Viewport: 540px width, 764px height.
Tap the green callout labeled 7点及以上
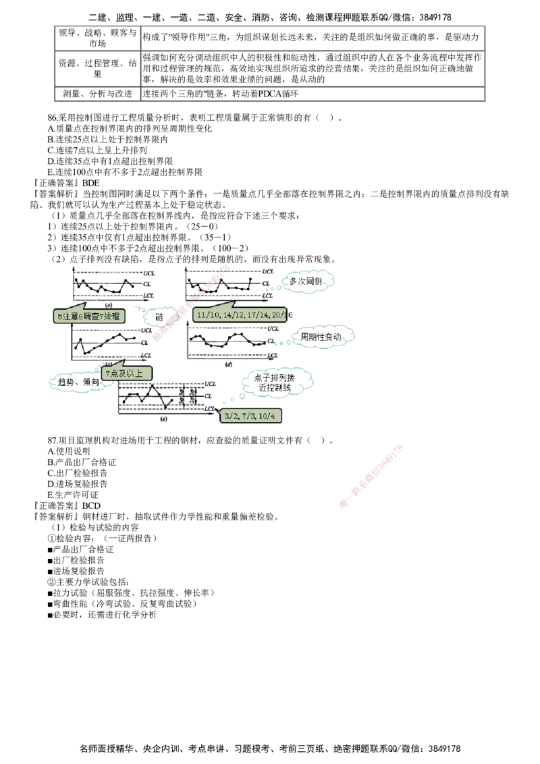(126, 373)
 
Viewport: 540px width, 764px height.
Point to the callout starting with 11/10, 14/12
(240, 315)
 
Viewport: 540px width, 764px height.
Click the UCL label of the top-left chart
(149, 271)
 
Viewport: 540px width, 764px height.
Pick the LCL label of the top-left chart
(149, 295)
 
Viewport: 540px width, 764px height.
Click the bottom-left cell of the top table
(94, 94)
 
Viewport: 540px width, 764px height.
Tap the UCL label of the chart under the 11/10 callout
(273, 329)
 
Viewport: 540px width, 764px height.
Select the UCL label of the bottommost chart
(211, 384)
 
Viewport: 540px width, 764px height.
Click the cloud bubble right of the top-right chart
(309, 279)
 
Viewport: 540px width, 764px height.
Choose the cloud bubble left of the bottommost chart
(76, 383)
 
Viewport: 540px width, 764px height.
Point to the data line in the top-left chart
(101, 285)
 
